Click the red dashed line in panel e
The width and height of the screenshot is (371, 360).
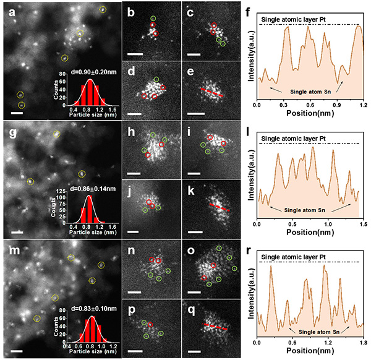click(x=213, y=93)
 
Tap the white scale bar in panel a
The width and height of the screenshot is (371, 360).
click(x=17, y=113)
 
